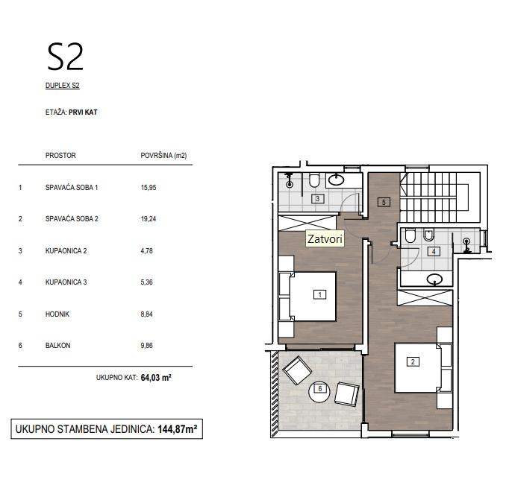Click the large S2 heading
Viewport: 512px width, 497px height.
[x=66, y=57]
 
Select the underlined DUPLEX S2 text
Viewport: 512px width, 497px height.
[x=63, y=86]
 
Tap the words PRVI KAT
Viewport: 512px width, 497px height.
[x=83, y=112]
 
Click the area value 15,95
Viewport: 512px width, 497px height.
[x=149, y=187]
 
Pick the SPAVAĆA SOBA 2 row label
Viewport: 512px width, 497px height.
[x=72, y=218]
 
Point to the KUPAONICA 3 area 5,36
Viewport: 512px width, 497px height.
[x=146, y=282]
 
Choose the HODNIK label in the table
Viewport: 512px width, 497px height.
[x=57, y=314]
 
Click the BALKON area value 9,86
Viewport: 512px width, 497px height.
[x=146, y=346]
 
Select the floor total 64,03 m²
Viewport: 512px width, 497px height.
[x=156, y=377]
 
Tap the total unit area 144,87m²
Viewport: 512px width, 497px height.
[x=178, y=429]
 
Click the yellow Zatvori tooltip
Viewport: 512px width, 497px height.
[x=325, y=239]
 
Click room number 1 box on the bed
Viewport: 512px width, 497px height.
[x=319, y=294]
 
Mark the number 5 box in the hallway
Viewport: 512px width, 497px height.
[x=384, y=202]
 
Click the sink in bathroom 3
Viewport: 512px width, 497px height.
[x=336, y=180]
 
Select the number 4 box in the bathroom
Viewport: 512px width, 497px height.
[x=434, y=251]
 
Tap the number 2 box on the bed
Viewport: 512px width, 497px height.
[x=413, y=361]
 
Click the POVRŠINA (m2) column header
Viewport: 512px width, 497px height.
[x=163, y=156]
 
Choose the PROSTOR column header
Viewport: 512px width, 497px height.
[x=60, y=155]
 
